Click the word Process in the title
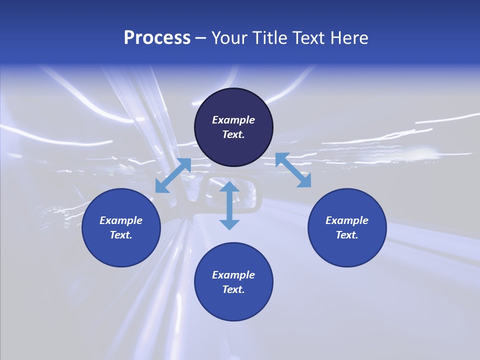click(x=157, y=38)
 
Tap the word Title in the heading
click(x=272, y=38)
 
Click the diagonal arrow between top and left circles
click(x=173, y=175)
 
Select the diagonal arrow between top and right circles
click(x=293, y=170)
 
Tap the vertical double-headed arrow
click(x=229, y=205)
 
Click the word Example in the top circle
click(x=233, y=120)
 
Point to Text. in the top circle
click(x=233, y=134)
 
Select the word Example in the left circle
click(x=121, y=220)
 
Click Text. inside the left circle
click(x=121, y=235)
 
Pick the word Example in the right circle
click(x=347, y=220)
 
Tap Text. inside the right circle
click(x=347, y=235)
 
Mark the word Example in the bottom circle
click(x=233, y=275)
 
